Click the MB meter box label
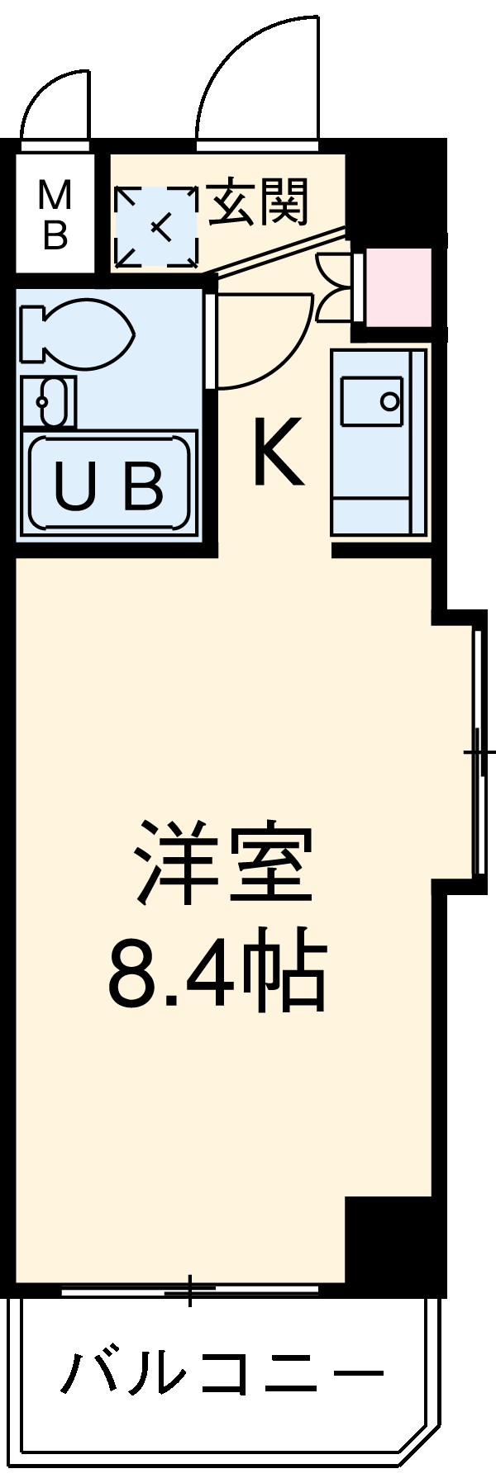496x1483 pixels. pos(55,216)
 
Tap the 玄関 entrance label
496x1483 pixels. pos(257,202)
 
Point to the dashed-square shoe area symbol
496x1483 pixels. pos(157,226)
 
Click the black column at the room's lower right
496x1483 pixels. pos(389,1238)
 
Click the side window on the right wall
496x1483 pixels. pos(479,752)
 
